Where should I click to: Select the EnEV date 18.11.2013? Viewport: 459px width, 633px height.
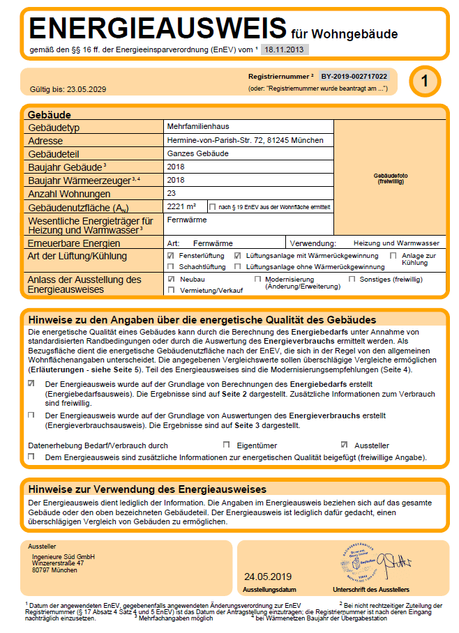[x=285, y=49]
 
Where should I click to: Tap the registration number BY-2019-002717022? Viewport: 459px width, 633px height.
[x=354, y=75]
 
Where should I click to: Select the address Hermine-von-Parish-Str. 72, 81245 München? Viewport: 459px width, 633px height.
[x=246, y=140]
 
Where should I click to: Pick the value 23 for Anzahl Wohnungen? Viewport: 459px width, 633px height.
[x=173, y=193]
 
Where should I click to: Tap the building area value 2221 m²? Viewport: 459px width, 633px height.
[x=182, y=206]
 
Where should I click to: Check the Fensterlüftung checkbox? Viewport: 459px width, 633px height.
[x=171, y=256]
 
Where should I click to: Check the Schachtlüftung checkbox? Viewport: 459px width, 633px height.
[x=171, y=267]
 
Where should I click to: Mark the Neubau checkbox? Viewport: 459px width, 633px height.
[x=171, y=278]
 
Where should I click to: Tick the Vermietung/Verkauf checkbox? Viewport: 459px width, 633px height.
[x=171, y=289]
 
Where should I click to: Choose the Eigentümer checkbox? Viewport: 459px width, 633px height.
[x=226, y=445]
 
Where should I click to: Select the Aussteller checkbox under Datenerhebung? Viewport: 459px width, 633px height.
[x=344, y=445]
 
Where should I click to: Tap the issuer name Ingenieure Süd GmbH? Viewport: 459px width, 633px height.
[x=63, y=557]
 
